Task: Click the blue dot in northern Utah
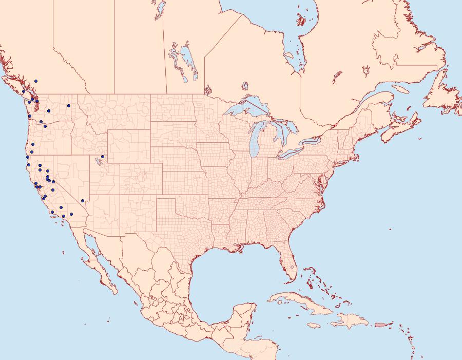(x=103, y=156)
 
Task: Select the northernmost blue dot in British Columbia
(x=36, y=81)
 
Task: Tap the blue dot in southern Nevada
(x=83, y=200)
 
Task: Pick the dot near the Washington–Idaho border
(x=68, y=106)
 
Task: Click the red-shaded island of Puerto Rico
(x=380, y=325)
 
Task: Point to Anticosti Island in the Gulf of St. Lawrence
(x=400, y=89)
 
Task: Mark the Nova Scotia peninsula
(x=400, y=125)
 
